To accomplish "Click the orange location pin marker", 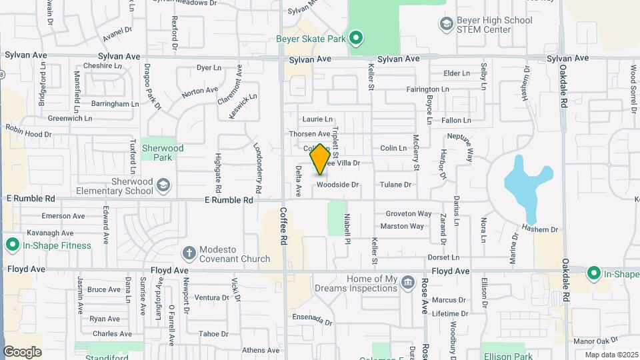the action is (x=321, y=159).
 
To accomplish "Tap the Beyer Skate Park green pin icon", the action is (x=356, y=38).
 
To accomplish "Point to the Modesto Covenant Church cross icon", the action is (x=189, y=253).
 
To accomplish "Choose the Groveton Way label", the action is (x=409, y=214).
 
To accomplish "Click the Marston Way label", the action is (x=402, y=226).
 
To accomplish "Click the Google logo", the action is (x=22, y=351).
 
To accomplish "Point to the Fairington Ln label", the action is (x=432, y=89).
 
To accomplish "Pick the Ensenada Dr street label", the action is (x=311, y=319).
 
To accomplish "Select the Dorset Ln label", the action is (x=443, y=257).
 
